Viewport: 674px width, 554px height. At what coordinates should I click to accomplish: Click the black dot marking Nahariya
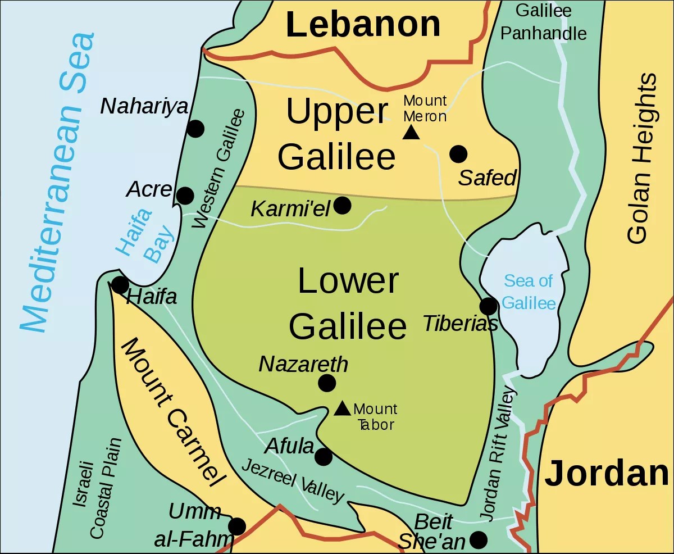pyautogui.click(x=195, y=129)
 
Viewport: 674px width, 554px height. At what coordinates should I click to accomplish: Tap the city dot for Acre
pyautogui.click(x=185, y=196)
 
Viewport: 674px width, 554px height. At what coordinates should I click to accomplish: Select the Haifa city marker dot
pyautogui.click(x=120, y=285)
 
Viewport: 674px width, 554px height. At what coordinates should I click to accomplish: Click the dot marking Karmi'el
pyautogui.click(x=342, y=206)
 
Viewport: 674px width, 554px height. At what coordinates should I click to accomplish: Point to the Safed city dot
pyautogui.click(x=458, y=153)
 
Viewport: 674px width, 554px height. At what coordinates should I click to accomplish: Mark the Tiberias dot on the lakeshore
pyautogui.click(x=488, y=306)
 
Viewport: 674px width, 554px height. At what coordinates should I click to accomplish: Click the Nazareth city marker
pyautogui.click(x=327, y=383)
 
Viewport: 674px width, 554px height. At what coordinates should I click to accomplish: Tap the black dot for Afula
pyautogui.click(x=324, y=457)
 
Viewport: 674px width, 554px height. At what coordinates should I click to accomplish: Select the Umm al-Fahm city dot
pyautogui.click(x=237, y=526)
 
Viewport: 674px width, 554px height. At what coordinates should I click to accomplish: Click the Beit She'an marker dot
pyautogui.click(x=478, y=540)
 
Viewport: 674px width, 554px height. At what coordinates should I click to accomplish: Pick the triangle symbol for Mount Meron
pyautogui.click(x=412, y=132)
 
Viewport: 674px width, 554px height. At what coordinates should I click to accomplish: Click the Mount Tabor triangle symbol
pyautogui.click(x=342, y=408)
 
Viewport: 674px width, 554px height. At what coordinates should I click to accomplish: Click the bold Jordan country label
pyautogui.click(x=607, y=473)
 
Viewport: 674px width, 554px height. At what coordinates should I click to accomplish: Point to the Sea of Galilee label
pyautogui.click(x=528, y=292)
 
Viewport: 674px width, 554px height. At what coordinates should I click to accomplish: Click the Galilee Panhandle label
pyautogui.click(x=543, y=22)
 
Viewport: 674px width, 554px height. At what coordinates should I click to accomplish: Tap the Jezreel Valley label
pyautogui.click(x=292, y=481)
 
